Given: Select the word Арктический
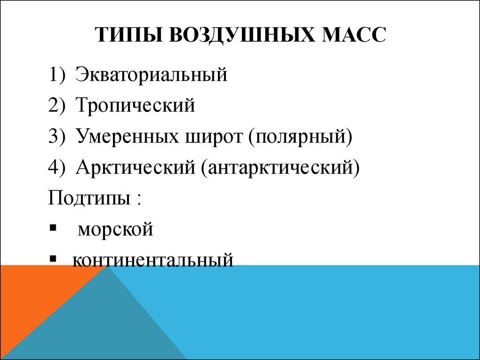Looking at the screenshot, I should tap(135, 167).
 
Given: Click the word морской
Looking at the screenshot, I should tap(116, 229).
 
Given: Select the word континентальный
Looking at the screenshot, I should tap(152, 259).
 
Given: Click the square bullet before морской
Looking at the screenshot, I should tap(52, 228).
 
